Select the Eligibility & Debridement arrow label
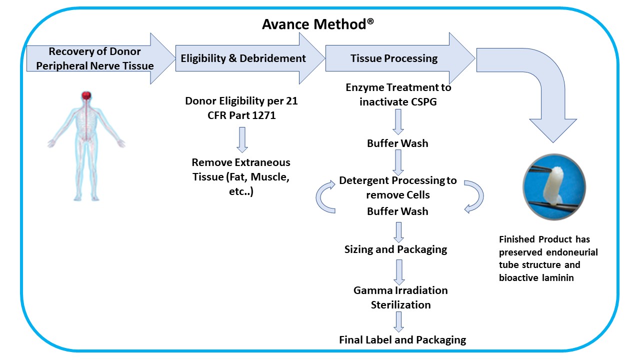pos(243,58)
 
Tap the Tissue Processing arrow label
pos(394,58)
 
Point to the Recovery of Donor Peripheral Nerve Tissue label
pos(94,58)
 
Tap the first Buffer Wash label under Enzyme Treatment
pos(397,143)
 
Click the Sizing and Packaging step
pos(395,249)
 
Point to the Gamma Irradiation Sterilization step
pos(400,297)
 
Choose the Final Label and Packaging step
pos(402,340)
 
